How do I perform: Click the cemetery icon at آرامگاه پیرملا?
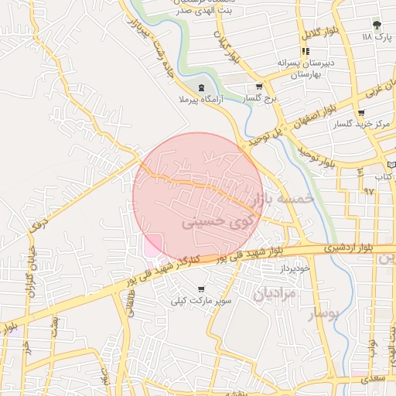click(201, 87)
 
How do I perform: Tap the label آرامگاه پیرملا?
click(200, 100)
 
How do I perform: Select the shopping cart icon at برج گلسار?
click(259, 87)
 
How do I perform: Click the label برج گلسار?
click(260, 100)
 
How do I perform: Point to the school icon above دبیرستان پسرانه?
click(294, 51)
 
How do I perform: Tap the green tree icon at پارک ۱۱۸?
click(377, 25)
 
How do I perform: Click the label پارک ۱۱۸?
click(377, 37)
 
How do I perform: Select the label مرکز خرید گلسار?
click(360, 124)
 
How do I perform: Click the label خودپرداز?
click(294, 267)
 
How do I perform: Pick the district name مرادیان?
click(272, 293)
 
